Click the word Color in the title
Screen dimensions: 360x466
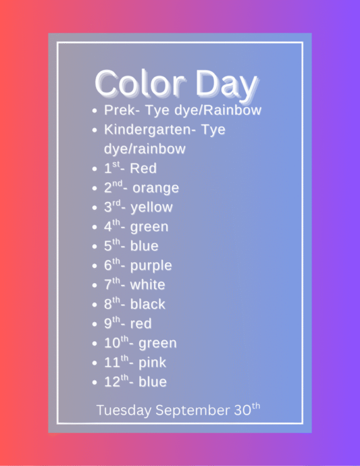tap(140, 83)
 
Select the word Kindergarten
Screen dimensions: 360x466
tap(148, 129)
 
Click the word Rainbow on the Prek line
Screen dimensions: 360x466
tap(232, 110)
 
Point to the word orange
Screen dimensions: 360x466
tap(156, 188)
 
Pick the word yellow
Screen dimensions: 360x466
tap(151, 207)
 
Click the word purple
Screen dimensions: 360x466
tap(151, 266)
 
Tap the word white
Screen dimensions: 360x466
tap(147, 285)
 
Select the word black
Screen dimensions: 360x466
tap(147, 304)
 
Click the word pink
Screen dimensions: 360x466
tap(152, 363)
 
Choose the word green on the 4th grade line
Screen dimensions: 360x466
tap(149, 227)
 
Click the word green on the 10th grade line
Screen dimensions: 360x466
tap(157, 344)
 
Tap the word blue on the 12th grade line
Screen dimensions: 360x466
tap(153, 382)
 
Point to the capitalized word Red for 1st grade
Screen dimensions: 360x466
tap(143, 168)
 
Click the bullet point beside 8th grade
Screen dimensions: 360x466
tap(95, 305)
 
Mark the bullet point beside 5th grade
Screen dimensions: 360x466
tap(95, 246)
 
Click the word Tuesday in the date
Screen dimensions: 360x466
tap(123, 411)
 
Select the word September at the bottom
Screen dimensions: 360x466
tap(193, 411)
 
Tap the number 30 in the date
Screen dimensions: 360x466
tap(242, 411)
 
